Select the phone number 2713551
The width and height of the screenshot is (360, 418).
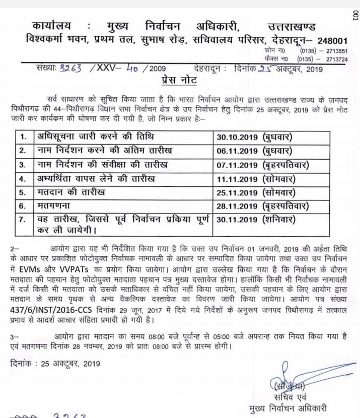331,51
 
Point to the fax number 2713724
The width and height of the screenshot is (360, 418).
331,59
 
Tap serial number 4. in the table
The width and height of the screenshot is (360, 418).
22,178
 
